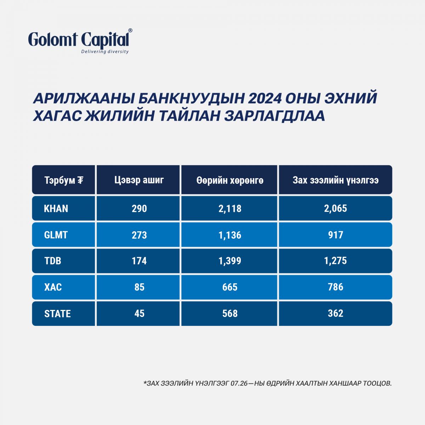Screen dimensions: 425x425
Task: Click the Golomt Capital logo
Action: coord(80,41)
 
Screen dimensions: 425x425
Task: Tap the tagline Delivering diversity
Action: coord(105,52)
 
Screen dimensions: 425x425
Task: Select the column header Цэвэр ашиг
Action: coord(139,180)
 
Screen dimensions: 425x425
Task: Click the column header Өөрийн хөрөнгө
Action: coord(230,180)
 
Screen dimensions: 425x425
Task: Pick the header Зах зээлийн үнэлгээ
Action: coord(335,180)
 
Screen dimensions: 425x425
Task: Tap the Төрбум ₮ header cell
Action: coord(64,180)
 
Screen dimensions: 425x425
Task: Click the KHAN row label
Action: coord(56,208)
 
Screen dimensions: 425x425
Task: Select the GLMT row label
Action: coord(56,235)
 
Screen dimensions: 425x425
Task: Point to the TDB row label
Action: coord(53,261)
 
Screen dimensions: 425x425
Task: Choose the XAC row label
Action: coord(53,287)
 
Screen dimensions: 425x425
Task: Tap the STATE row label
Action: coord(57,314)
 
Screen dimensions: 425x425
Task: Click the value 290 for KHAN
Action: coord(139,208)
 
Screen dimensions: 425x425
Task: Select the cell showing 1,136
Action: coord(230,235)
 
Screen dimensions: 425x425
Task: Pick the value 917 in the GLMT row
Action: coord(335,235)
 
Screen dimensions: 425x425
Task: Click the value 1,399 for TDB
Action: coord(230,261)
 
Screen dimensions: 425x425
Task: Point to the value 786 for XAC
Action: coord(335,287)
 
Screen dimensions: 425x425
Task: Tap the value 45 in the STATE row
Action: coord(140,313)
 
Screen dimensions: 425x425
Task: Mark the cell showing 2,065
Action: coord(335,208)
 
